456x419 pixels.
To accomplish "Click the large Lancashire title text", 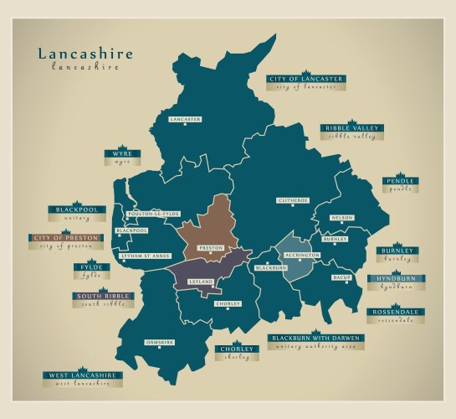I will pyautogui.click(x=85, y=54).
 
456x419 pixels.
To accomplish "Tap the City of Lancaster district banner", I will pyautogui.click(x=305, y=79).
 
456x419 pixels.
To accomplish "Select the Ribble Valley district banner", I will pyautogui.click(x=352, y=128).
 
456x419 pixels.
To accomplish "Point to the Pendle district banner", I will pyautogui.click(x=400, y=181).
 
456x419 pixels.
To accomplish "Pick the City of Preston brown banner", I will pyautogui.click(x=67, y=238).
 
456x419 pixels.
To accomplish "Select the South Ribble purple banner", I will pyautogui.click(x=100, y=296).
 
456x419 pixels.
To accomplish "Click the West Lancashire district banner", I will pyautogui.click(x=84, y=375).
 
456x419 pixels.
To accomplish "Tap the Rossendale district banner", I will pyautogui.click(x=396, y=313).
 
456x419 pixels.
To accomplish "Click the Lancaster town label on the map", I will pyautogui.click(x=185, y=120).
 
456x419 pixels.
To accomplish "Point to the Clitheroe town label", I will pyautogui.click(x=293, y=200).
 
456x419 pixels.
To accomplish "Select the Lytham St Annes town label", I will pyautogui.click(x=144, y=256).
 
